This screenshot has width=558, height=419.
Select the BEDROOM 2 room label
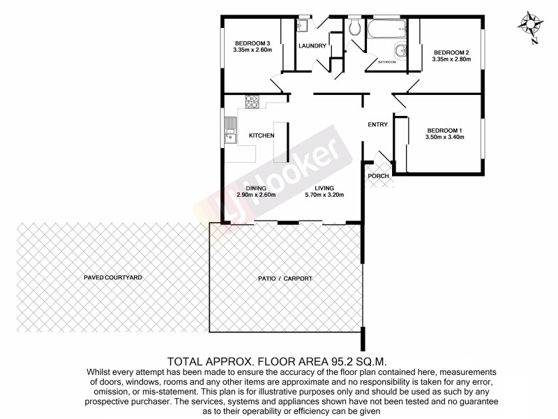tap(452, 52)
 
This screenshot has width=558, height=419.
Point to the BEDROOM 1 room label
tap(445, 130)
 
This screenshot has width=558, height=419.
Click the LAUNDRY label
tap(312, 46)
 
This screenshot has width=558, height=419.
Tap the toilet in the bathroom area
tap(354, 27)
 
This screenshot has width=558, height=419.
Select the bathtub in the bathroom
tap(386, 29)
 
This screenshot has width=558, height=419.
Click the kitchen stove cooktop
tap(250, 103)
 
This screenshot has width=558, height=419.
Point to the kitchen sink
tap(229, 130)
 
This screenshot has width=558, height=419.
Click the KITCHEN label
tap(262, 135)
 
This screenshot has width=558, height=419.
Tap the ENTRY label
tap(378, 125)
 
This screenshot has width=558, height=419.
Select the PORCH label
tap(378, 176)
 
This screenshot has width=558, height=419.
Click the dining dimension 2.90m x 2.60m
tap(256, 195)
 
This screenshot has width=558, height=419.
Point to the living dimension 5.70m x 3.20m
tap(324, 195)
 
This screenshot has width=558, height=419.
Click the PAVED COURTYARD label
tap(113, 277)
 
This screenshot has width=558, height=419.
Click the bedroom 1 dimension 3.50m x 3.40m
tap(445, 137)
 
